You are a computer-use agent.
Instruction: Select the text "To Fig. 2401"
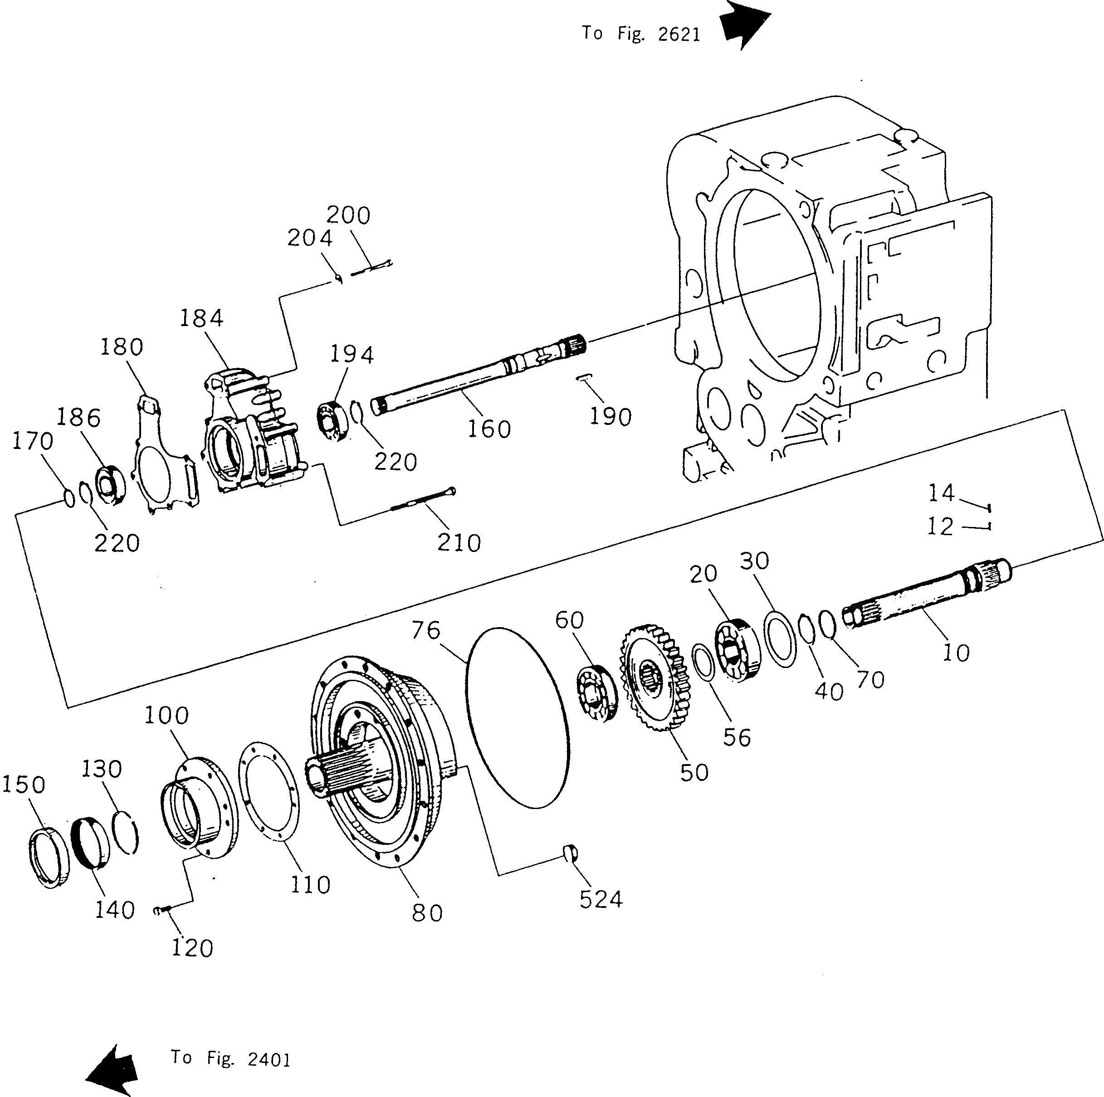coord(231,1059)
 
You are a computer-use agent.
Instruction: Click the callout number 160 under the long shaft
coord(488,429)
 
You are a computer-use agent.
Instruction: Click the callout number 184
coord(201,318)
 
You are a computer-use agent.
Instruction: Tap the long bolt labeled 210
coord(423,499)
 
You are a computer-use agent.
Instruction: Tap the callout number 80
coord(427,913)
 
